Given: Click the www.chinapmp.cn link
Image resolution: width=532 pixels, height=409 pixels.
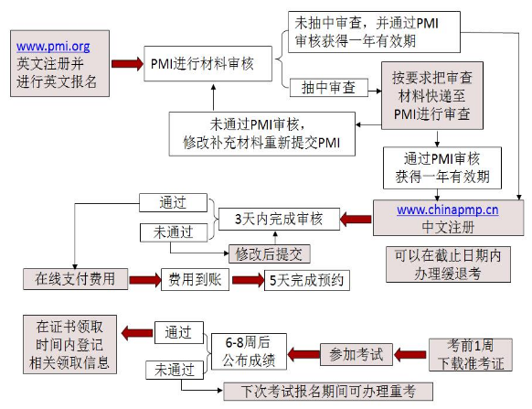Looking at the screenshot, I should pyautogui.click(x=447, y=209).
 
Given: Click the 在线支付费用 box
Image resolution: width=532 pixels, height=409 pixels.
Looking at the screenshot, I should pyautogui.click(x=75, y=279).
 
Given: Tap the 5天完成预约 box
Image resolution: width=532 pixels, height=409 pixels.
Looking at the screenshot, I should pyautogui.click(x=306, y=280).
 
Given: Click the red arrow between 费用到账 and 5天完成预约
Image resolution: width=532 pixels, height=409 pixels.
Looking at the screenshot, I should pyautogui.click(x=244, y=280).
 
